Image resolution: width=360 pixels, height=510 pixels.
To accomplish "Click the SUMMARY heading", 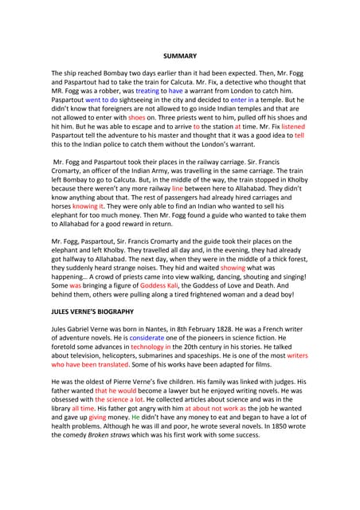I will tap(179, 56).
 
